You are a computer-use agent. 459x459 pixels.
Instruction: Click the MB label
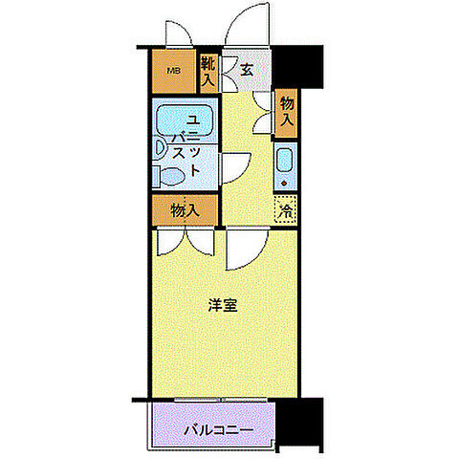173,70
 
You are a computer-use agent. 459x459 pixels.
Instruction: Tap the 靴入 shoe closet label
208,73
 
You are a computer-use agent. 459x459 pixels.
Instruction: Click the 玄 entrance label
246,69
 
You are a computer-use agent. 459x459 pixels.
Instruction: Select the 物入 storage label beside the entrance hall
285,112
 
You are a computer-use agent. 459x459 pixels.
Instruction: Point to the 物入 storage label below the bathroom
185,209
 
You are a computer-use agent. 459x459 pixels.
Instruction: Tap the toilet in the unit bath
173,176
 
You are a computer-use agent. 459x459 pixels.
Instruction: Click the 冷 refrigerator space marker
285,210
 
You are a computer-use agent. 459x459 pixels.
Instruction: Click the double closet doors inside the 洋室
186,241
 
